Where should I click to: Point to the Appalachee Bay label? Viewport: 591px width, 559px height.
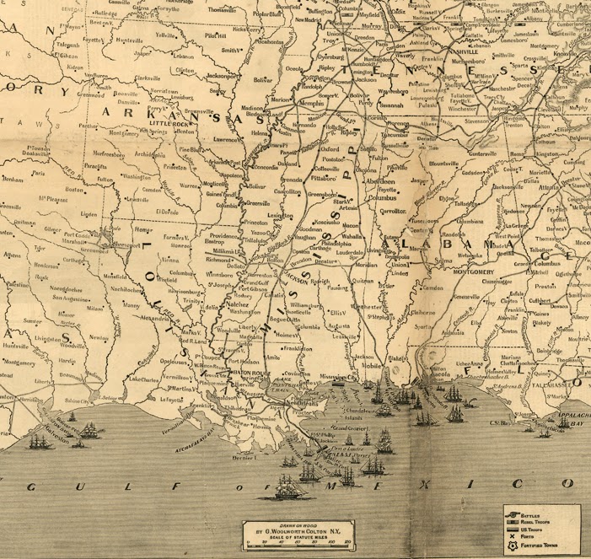[x=565, y=421]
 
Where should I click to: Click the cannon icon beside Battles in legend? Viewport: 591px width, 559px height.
[x=511, y=513]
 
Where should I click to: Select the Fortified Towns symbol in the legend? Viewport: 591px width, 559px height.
[x=511, y=546]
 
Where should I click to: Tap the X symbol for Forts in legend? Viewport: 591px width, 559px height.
[x=511, y=536]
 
